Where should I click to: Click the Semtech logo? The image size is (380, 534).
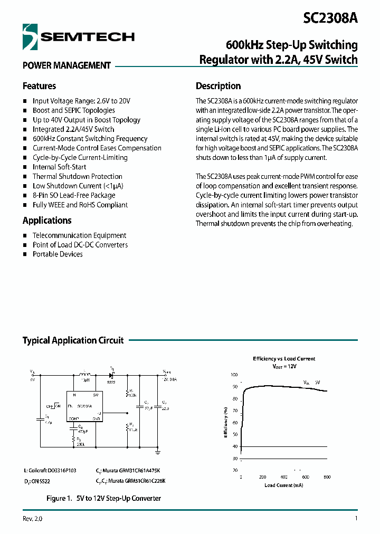click(78, 36)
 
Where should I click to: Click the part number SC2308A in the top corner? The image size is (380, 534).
click(330, 18)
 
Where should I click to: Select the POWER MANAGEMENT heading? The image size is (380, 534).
click(66, 65)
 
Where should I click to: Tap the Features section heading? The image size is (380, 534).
click(39, 86)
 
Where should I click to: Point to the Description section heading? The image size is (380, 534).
click(218, 86)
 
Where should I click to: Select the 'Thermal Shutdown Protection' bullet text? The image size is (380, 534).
click(77, 176)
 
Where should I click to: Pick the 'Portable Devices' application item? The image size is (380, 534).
click(58, 254)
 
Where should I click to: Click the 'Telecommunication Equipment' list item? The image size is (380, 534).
click(79, 235)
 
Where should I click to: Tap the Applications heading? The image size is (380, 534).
click(47, 221)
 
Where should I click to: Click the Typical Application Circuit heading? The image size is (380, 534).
click(73, 340)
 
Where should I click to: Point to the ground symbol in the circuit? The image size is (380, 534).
click(158, 451)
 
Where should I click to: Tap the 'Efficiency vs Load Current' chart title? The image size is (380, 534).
click(284, 359)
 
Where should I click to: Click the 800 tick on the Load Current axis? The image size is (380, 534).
click(327, 476)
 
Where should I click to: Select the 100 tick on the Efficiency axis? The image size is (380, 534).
click(234, 375)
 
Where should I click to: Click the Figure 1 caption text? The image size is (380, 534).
click(103, 498)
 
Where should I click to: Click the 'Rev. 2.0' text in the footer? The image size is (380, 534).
click(32, 519)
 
